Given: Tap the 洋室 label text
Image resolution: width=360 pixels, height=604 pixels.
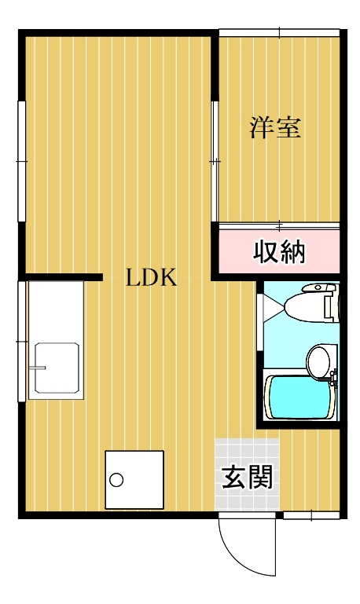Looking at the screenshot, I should [x=275, y=128].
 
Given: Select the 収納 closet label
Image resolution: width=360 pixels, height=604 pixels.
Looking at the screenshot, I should [x=278, y=252].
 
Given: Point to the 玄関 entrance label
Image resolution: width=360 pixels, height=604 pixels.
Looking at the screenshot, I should [x=247, y=477].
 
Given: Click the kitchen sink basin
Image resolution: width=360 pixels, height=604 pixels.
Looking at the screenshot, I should [x=55, y=368].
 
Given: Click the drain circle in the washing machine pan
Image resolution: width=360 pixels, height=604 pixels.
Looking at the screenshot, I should [x=118, y=480].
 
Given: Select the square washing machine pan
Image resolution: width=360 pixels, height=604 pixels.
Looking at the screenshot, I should [x=135, y=479].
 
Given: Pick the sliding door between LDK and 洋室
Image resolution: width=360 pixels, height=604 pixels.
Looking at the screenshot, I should [x=214, y=161].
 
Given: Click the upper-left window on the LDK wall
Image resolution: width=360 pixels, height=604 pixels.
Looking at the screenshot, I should [x=22, y=161].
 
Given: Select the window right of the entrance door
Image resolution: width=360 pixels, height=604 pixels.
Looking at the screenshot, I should [x=311, y=515].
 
